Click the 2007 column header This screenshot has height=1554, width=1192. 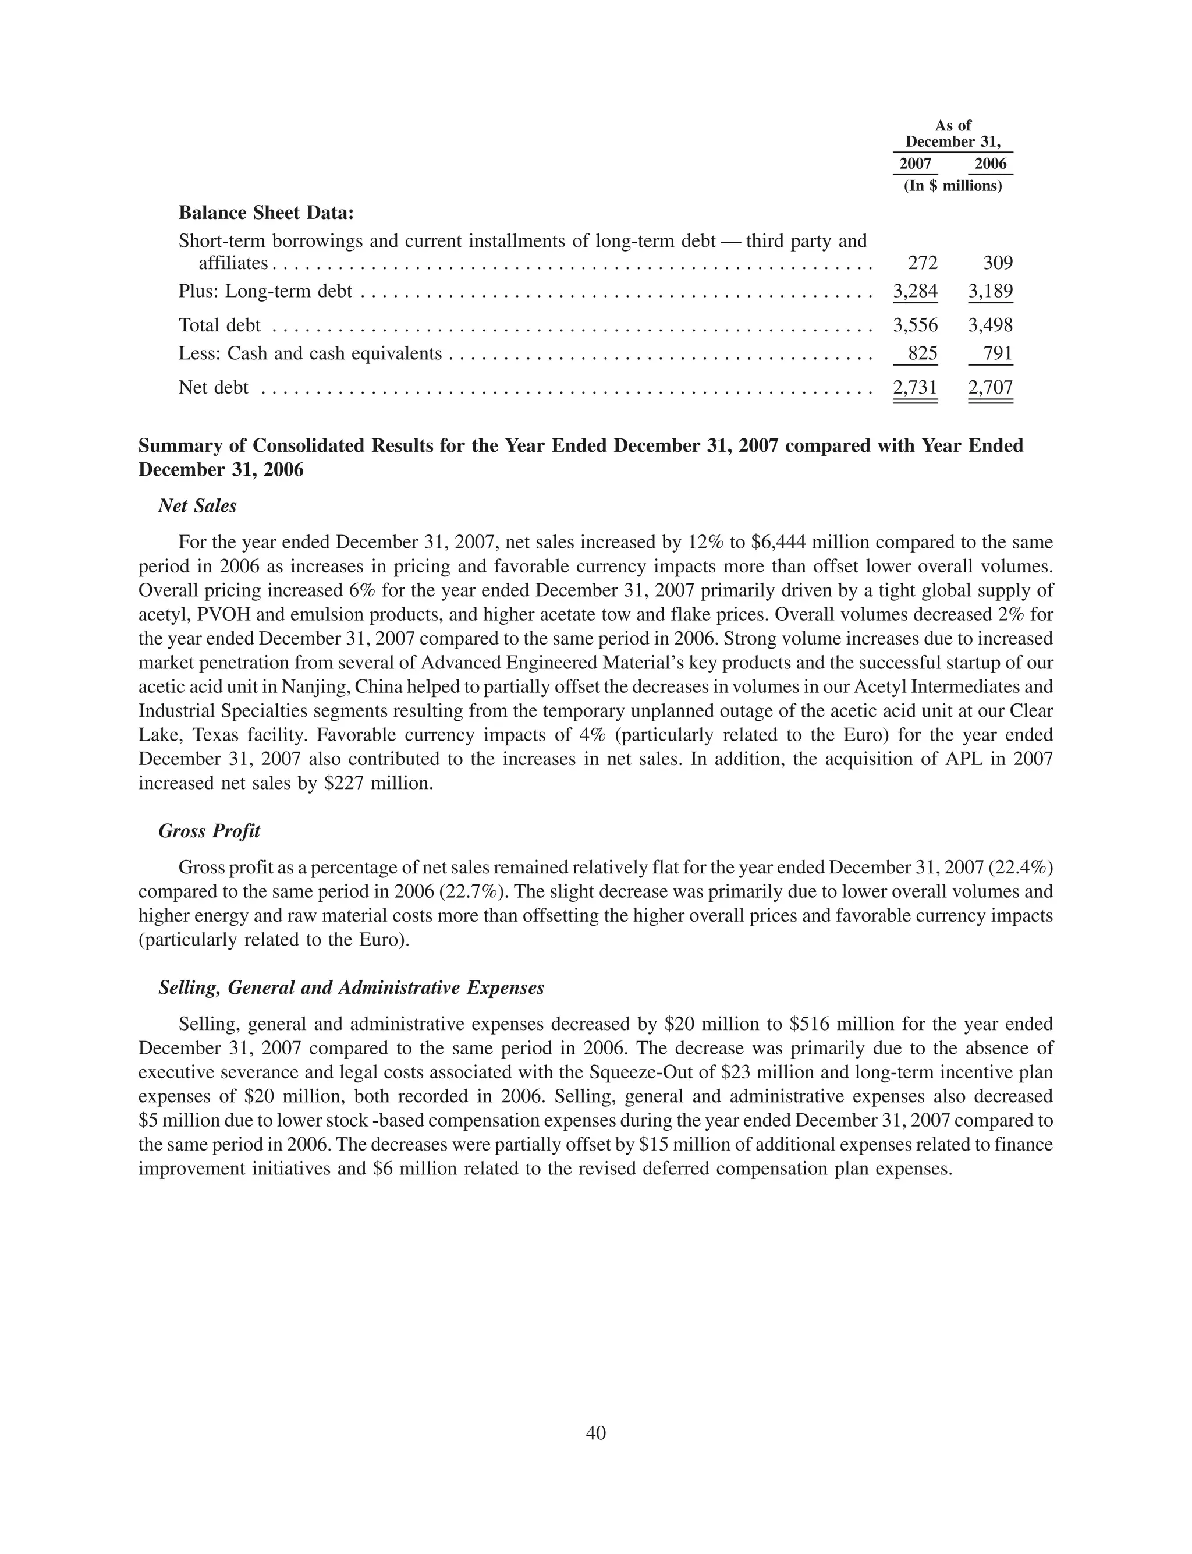[916, 164]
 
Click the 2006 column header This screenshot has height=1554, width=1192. [991, 164]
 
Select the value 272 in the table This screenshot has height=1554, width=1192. [923, 263]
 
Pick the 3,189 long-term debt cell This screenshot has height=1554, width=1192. [991, 291]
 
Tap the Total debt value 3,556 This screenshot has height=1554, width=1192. [916, 325]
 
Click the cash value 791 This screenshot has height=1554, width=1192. [998, 353]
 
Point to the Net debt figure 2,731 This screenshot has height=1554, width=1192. [916, 387]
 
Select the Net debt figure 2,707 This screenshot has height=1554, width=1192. [991, 387]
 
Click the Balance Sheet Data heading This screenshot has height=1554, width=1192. [266, 213]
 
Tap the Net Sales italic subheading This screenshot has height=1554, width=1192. [197, 506]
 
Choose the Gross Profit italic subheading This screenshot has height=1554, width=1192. [210, 831]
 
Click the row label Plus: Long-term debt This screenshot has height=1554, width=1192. [265, 292]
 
